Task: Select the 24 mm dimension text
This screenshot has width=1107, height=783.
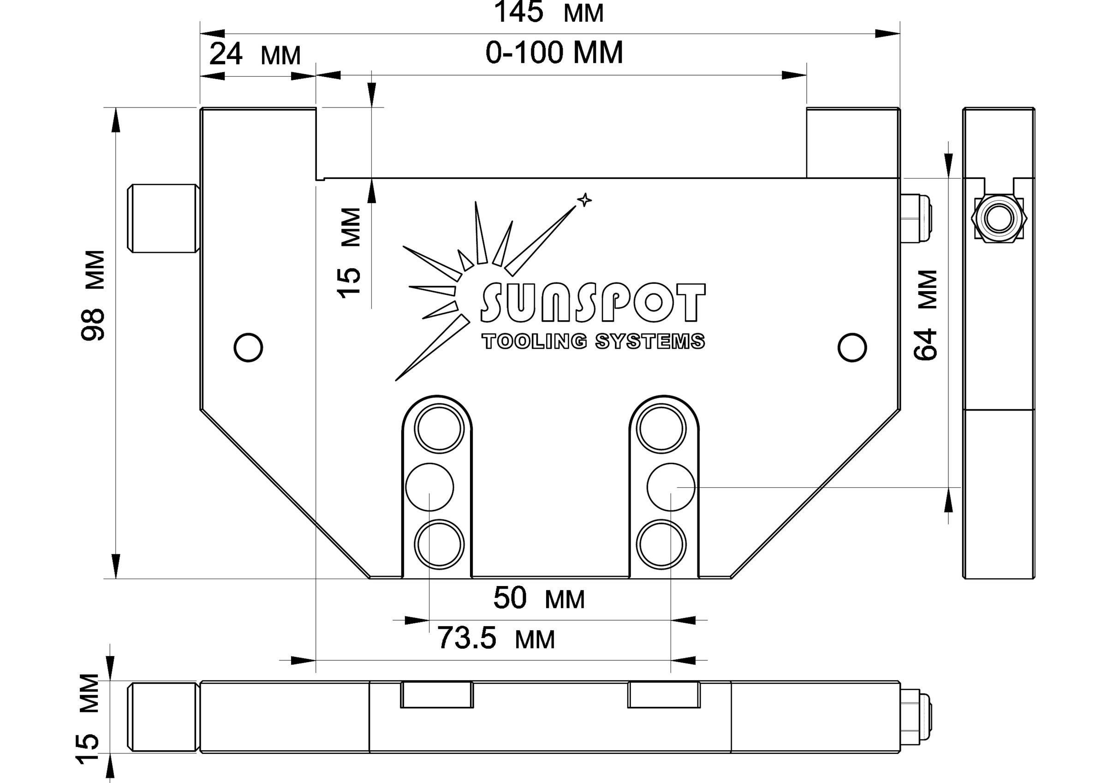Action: pos(255,54)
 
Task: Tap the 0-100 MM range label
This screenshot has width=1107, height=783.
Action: pos(554,53)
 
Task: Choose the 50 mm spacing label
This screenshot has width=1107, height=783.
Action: pos(539,599)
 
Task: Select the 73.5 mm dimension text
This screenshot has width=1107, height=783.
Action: pos(496,638)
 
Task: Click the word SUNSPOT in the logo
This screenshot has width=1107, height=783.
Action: pos(593,303)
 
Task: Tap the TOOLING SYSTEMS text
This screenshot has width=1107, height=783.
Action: pos(593,341)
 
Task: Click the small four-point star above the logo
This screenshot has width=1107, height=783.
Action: pos(584,200)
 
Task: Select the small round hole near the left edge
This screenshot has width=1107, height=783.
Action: pos(248,347)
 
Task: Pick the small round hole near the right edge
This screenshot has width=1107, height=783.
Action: pos(852,347)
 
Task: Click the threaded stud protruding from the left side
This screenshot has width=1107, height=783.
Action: pos(163,218)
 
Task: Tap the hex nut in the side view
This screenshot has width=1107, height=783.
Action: pos(999,219)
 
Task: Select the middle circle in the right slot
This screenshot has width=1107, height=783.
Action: pos(671,487)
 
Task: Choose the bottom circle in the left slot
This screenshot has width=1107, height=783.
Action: pos(439,544)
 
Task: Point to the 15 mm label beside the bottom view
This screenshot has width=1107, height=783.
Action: pos(88,718)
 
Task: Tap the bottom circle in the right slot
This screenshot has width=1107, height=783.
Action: pos(661,544)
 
